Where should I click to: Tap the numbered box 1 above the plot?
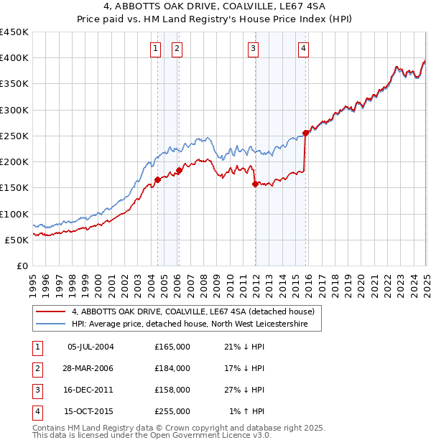[156, 49]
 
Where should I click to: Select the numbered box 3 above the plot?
[254, 49]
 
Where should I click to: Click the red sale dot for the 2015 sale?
[305, 133]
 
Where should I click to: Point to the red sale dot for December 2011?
[255, 184]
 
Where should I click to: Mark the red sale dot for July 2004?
[157, 180]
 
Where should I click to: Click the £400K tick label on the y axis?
[14, 58]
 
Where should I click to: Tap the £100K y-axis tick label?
[14, 214]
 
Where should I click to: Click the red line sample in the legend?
[51, 311]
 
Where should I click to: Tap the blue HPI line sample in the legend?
[51, 324]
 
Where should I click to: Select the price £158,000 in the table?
[172, 390]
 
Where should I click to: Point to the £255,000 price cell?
[172, 411]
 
